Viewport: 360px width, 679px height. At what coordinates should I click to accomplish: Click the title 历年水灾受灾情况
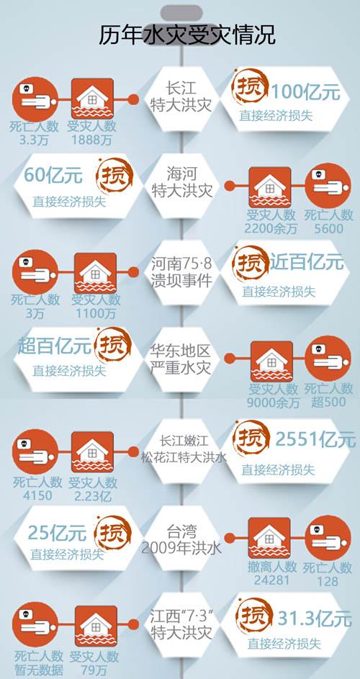coord(186,35)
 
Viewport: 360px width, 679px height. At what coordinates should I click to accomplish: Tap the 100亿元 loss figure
coord(305,92)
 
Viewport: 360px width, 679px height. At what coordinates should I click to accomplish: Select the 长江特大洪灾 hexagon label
coord(181,97)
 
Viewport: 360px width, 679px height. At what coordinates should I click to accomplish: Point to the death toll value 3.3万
coord(35,140)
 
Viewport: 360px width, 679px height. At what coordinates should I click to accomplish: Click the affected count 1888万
coord(92,140)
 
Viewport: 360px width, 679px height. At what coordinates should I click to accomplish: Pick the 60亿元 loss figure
coord(53,175)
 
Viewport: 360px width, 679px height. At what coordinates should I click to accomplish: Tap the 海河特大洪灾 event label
coord(182,183)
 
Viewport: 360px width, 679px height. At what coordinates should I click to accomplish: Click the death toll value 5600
coord(328,228)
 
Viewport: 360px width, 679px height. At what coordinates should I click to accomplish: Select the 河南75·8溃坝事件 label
coord(182,272)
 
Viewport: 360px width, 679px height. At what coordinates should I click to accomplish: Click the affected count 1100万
coord(96,313)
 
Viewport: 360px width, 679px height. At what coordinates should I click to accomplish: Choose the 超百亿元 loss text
coord(55,346)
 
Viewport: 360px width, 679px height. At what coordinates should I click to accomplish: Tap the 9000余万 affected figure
coord(274,403)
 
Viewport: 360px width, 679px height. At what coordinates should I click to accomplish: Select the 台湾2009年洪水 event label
coord(181,539)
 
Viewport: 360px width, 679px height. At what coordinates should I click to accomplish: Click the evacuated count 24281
coord(271,580)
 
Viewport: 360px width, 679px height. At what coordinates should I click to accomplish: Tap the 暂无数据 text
coord(39,670)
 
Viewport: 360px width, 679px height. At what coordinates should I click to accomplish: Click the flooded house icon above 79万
coord(96,626)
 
